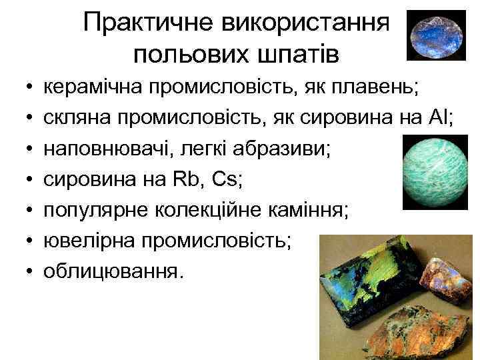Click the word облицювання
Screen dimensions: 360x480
112,271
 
